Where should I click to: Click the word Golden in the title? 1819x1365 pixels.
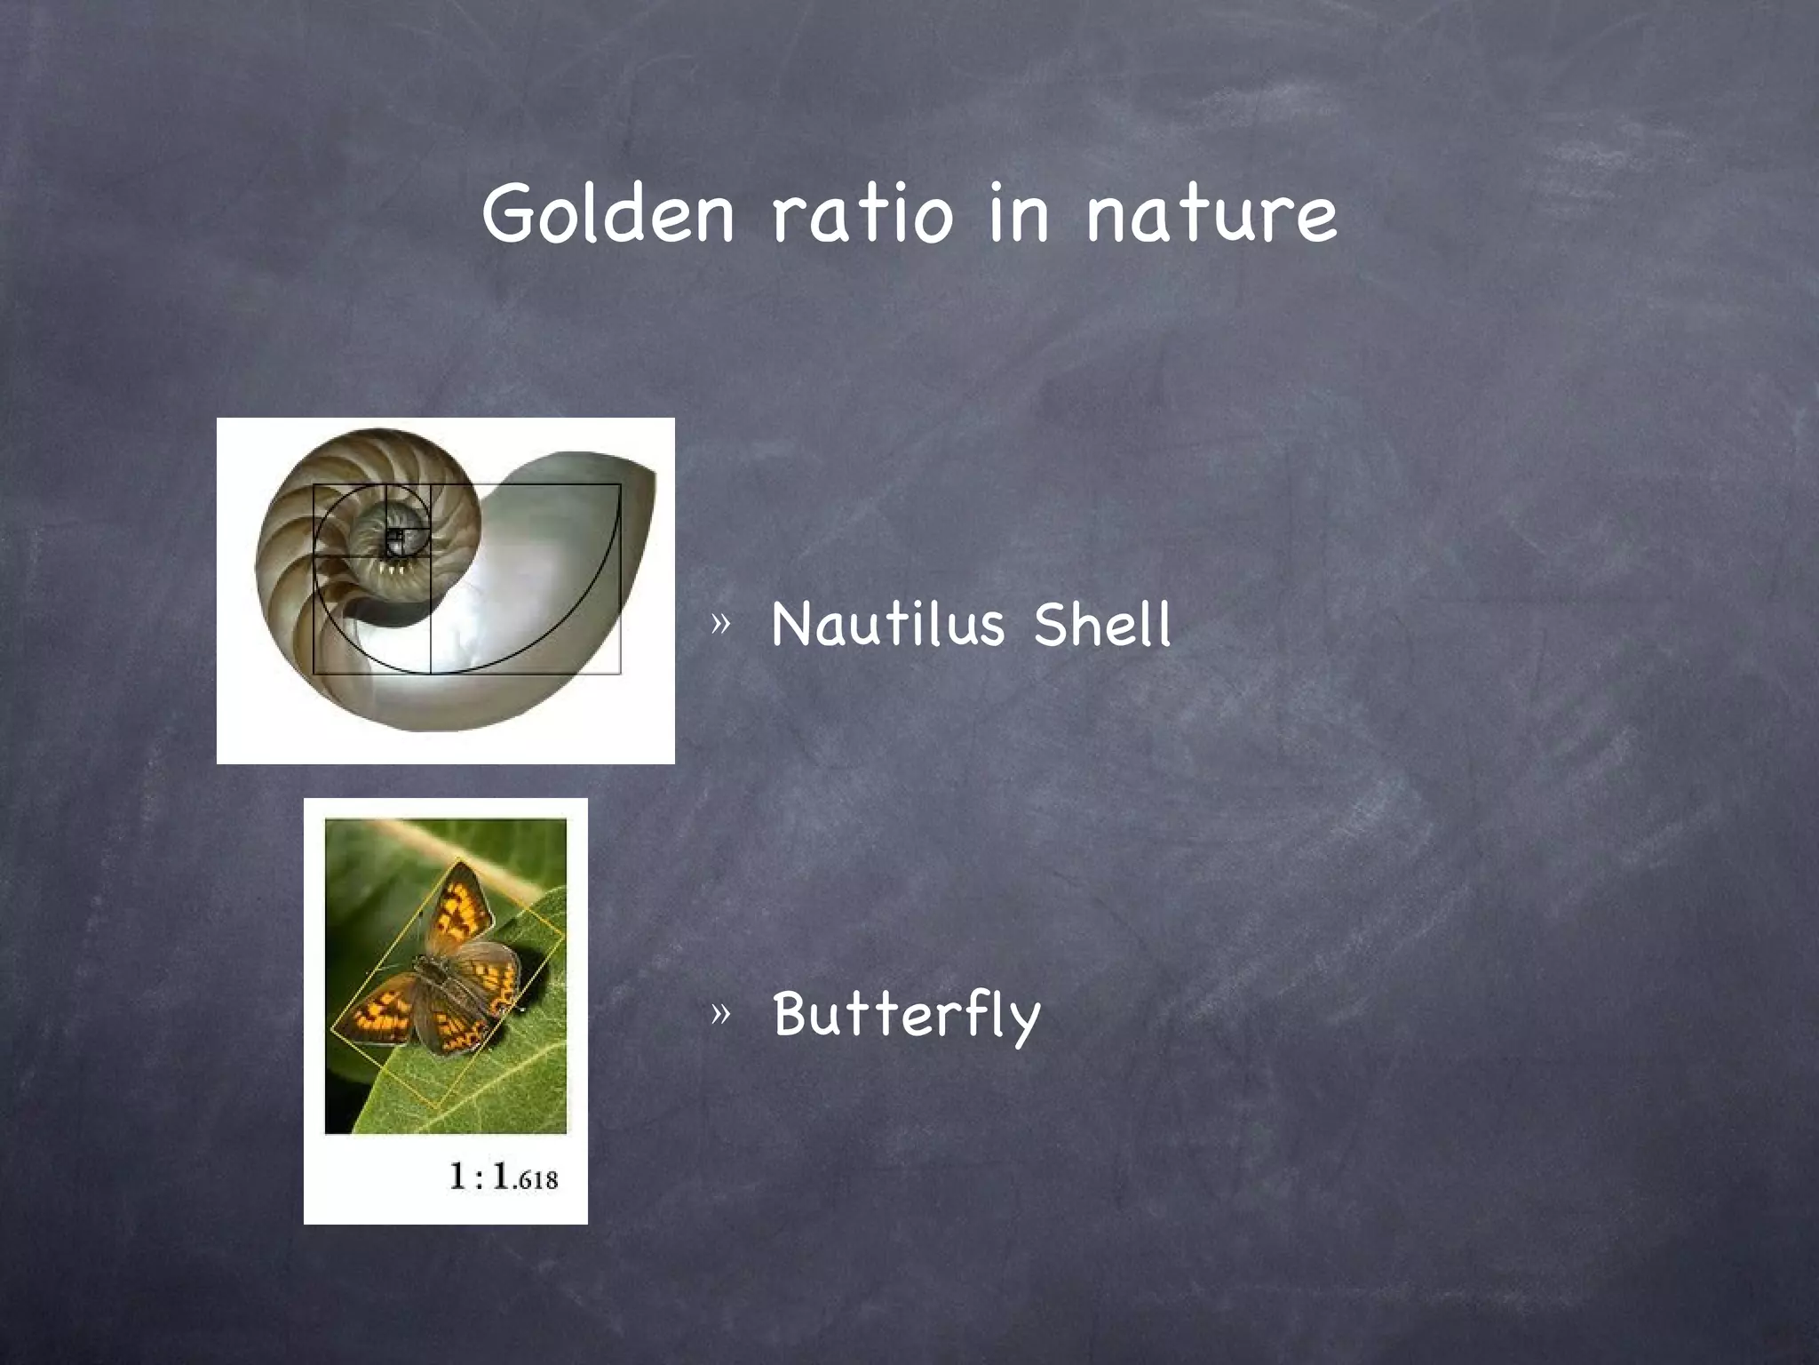[608, 213]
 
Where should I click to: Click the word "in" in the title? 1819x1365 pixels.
[1019, 213]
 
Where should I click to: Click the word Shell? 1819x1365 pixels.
[1102, 624]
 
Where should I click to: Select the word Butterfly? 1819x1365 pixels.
[906, 1015]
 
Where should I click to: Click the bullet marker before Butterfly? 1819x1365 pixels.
[720, 1013]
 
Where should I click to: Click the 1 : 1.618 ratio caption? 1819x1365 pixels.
[503, 1177]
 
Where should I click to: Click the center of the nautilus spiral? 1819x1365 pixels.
[396, 535]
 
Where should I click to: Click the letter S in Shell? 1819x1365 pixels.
[1053, 624]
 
